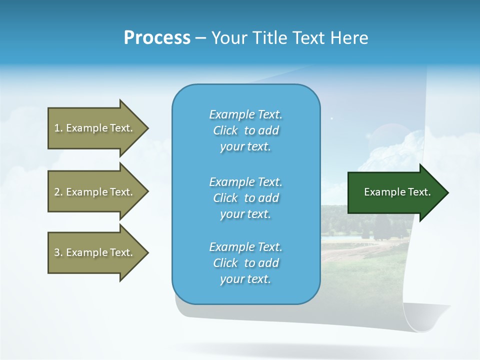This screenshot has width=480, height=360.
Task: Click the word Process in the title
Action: tap(157, 38)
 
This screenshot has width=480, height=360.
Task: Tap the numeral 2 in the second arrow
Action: tap(57, 192)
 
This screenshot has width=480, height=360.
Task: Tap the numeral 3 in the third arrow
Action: tap(57, 252)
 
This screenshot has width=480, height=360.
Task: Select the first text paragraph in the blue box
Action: tap(245, 130)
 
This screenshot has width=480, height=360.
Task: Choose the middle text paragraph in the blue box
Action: tap(245, 198)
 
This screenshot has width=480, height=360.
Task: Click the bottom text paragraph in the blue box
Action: tap(245, 263)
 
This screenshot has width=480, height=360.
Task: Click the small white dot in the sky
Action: tap(331, 118)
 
